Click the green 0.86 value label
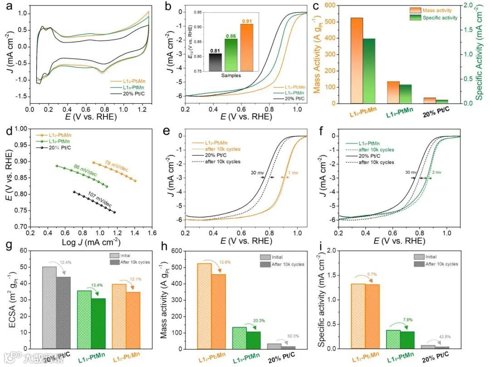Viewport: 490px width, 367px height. coord(231,35)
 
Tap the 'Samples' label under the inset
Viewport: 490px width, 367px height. coord(231,75)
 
